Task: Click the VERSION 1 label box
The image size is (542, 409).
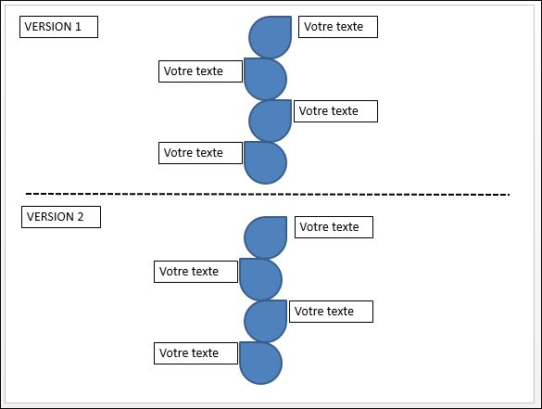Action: [58, 27]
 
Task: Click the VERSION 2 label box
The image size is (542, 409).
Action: [61, 217]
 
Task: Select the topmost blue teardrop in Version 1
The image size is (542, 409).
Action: [270, 37]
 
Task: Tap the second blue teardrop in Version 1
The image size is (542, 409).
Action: [266, 79]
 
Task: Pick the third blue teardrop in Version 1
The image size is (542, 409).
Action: [270, 121]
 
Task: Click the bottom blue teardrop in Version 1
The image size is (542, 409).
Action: [266, 162]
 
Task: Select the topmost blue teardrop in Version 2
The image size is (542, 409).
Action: [266, 237]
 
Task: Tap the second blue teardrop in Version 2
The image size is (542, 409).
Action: [261, 279]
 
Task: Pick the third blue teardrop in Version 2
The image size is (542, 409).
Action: [266, 321]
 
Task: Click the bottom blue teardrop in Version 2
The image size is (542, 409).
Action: [261, 363]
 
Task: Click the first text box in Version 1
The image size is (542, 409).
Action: [338, 27]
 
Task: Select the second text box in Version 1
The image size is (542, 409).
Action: [200, 71]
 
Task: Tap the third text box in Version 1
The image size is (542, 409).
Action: [335, 111]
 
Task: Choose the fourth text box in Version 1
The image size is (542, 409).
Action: [200, 153]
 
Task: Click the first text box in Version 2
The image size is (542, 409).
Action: [334, 227]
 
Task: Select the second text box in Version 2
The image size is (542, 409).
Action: [196, 272]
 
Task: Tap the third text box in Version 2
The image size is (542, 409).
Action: [331, 312]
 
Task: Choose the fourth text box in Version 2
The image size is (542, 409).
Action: [196, 353]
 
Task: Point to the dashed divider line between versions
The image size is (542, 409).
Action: [268, 194]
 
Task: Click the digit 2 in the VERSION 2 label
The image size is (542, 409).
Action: [81, 217]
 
